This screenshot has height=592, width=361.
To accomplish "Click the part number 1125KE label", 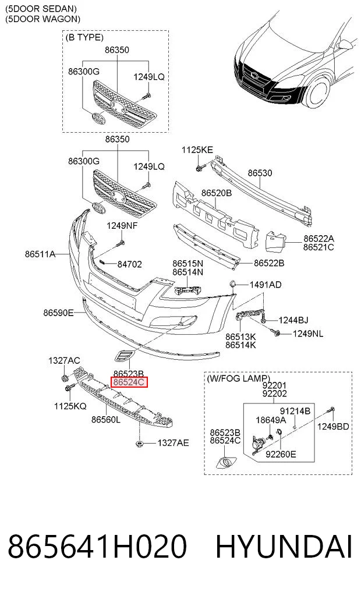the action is (197, 150).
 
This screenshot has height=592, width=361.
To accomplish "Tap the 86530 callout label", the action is (260, 173).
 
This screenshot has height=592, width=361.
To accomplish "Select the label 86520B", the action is (217, 193).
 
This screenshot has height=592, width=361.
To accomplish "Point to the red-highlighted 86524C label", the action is (129, 382).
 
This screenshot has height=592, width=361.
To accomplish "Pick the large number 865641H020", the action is (97, 547).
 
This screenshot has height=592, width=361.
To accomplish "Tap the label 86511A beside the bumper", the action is (40, 254).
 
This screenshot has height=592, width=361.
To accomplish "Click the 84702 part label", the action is (129, 264).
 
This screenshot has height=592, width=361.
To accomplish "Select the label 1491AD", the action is (266, 285).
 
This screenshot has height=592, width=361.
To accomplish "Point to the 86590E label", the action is (58, 313).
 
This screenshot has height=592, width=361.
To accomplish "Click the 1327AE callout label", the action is (173, 443).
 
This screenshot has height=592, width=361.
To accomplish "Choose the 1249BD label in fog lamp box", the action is (333, 426).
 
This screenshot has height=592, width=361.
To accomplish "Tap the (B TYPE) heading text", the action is (84, 37).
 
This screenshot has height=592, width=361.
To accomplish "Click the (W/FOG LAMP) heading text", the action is (238, 378).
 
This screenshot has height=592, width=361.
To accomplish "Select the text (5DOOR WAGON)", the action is (43, 19).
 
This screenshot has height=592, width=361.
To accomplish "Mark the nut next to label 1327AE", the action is (139, 443).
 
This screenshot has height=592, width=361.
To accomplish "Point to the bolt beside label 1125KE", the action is (199, 167).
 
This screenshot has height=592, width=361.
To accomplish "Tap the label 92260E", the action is (281, 454).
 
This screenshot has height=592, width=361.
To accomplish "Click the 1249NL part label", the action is (308, 334).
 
